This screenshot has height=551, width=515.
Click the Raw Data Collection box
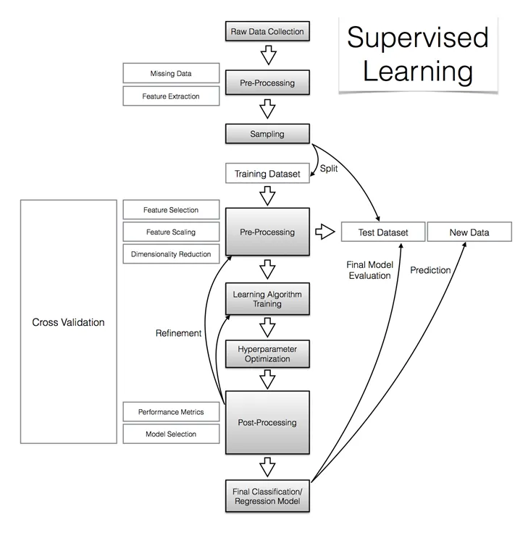pos(267,31)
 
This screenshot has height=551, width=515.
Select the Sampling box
pos(267,134)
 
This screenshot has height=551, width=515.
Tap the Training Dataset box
pos(267,174)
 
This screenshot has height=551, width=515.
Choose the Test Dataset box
pos(383,232)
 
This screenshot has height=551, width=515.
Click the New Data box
pos(469,232)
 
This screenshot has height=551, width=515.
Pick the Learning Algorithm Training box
pos(267,299)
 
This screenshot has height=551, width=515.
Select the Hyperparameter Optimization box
pos(267,354)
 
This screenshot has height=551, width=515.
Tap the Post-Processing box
pos(267,422)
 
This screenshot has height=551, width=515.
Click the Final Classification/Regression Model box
pos(267,496)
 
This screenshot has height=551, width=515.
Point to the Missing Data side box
pos(172,73)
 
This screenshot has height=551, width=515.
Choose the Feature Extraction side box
pos(172,96)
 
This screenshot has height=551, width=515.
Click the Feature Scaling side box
pos(170,232)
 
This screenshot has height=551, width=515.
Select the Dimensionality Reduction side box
pos(171,254)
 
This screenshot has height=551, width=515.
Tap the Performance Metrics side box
pos(171,412)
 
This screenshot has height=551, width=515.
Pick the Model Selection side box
pos(171,434)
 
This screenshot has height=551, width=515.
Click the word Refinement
pos(178,333)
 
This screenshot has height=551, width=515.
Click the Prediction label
pos(430,270)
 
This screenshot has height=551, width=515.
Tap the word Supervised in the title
pos(417,38)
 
